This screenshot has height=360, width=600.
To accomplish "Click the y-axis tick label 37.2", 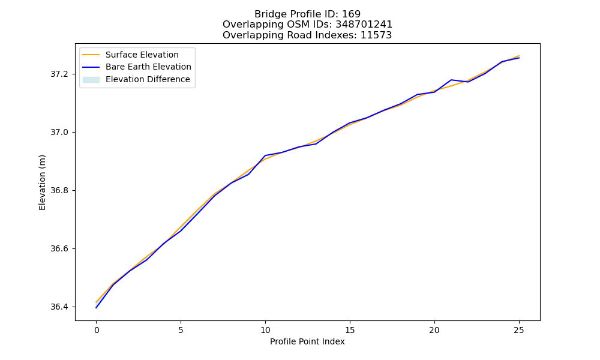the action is (59, 74).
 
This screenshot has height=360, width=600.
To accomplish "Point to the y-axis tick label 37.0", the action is (59, 133).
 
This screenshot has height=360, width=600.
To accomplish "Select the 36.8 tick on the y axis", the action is (59, 191).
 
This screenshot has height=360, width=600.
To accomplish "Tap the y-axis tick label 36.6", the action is (59, 248).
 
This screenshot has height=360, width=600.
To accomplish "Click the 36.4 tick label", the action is (59, 307).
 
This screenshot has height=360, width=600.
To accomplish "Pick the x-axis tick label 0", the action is (97, 330).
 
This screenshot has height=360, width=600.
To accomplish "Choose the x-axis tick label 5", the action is (181, 330).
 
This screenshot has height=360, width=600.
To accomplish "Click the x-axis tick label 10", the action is (265, 330).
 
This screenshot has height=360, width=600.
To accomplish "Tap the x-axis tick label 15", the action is (350, 330).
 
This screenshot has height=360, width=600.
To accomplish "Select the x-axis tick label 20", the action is (434, 330).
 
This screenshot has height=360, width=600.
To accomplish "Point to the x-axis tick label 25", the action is (519, 330).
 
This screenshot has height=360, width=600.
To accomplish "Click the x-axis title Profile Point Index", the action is (307, 341).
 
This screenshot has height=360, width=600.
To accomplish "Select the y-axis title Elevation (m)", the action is (42, 182).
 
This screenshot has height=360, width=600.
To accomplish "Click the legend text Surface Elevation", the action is (142, 55).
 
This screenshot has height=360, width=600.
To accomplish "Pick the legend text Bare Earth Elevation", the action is (148, 67).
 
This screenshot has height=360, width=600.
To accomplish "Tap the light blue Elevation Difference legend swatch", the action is (91, 80).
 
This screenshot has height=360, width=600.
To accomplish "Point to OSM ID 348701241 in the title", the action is (364, 25).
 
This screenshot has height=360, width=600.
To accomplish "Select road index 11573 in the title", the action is (376, 35).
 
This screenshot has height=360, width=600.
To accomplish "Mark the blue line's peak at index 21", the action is (452, 80).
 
